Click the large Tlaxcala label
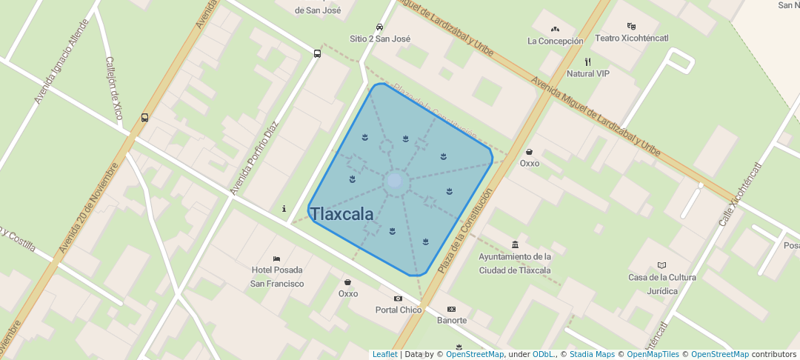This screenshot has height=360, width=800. [341, 214]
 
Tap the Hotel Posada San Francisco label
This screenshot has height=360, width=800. [277, 276]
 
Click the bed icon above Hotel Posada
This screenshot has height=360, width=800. [277, 258]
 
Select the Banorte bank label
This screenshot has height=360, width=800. [452, 320]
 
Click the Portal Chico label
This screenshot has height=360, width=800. [399, 310]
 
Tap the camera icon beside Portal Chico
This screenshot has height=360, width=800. [399, 299]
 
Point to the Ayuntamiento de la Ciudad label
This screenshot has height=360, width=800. [515, 263]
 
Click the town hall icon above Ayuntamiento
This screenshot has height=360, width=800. [515, 244]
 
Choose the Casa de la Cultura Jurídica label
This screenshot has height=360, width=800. [662, 284]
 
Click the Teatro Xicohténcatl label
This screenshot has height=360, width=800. [632, 38]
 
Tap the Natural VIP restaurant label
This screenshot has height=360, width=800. [587, 73]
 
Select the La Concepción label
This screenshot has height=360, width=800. [555, 41]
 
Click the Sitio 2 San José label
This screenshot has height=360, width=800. [380, 39]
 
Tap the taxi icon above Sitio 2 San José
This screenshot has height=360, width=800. [380, 27]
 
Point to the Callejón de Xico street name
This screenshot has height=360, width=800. [114, 89]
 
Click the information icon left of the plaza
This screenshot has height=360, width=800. [284, 209]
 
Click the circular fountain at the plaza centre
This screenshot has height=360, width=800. [395, 181]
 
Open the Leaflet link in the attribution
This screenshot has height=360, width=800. [384, 354]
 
